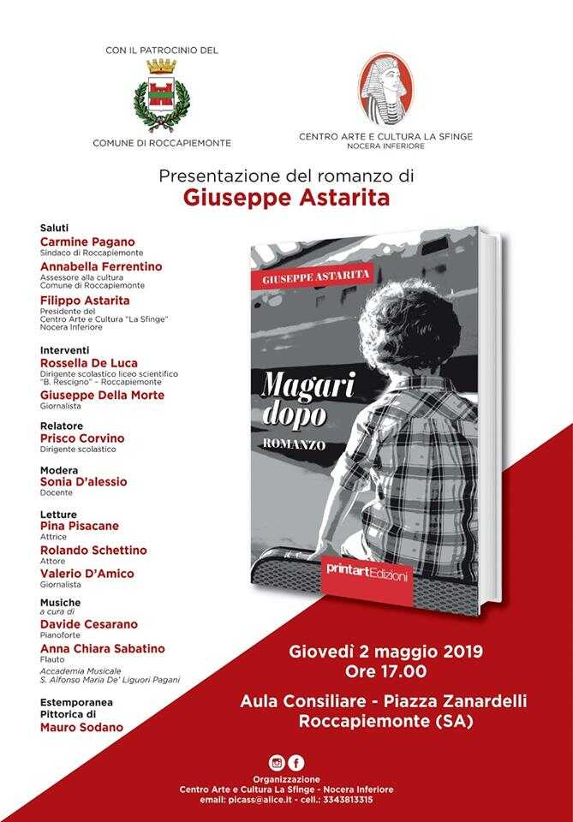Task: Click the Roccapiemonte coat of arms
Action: pyautogui.click(x=162, y=97)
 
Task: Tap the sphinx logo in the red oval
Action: pyautogui.click(x=385, y=89)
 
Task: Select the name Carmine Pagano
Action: pyautogui.click(x=87, y=242)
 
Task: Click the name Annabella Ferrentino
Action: pyautogui.click(x=101, y=266)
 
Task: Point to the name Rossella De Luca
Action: pyautogui.click(x=88, y=363)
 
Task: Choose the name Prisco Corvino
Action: pyautogui.click(x=82, y=438)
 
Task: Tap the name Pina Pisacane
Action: pyautogui.click(x=80, y=526)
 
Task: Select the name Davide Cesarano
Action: pyautogui.click(x=89, y=624)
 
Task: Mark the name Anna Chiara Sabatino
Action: pyautogui.click(x=103, y=648)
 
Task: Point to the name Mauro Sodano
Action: pyautogui.click(x=81, y=727)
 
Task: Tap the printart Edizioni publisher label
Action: pyautogui.click(x=367, y=569)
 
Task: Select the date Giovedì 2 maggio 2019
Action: pyautogui.click(x=385, y=652)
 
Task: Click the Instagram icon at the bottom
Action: pyautogui.click(x=276, y=763)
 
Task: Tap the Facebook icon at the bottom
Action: pyautogui.click(x=296, y=763)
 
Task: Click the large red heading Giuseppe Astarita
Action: pyautogui.click(x=286, y=198)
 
